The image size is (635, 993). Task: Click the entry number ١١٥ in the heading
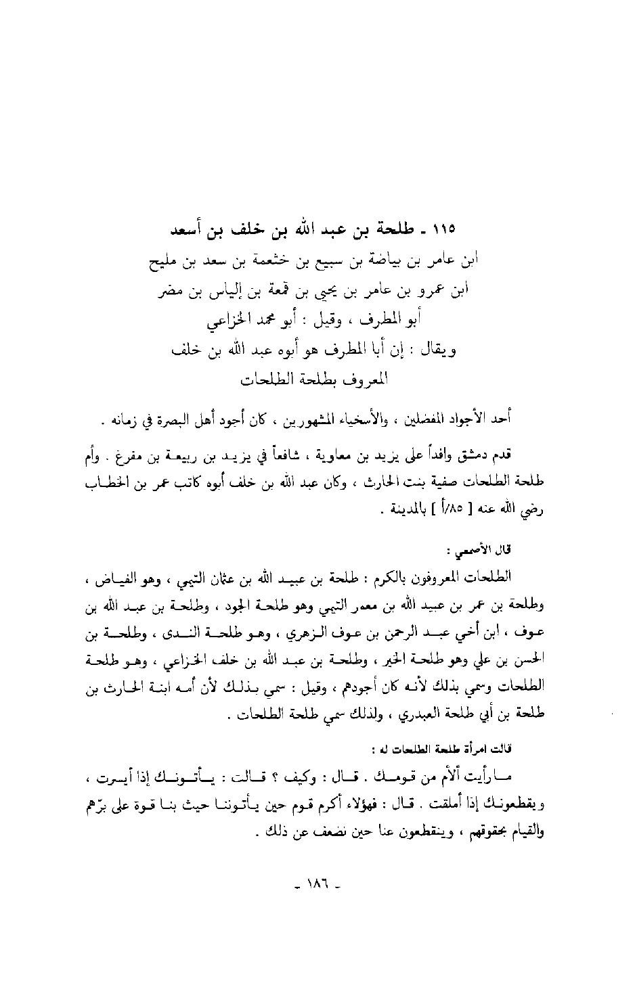tap(441, 229)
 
